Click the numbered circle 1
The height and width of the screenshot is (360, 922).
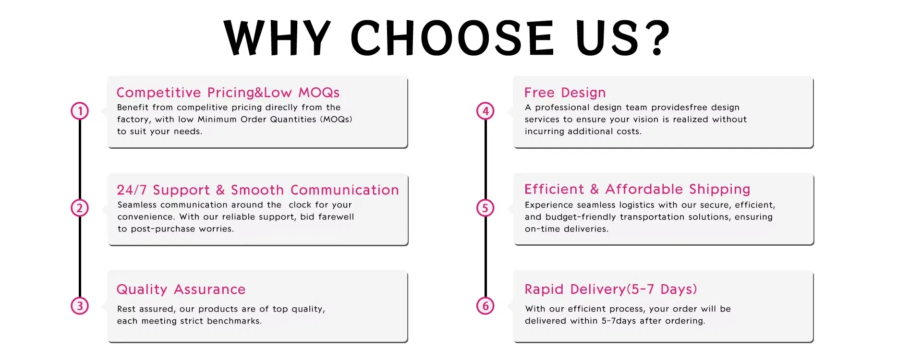80,111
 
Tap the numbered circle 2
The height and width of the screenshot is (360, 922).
80,208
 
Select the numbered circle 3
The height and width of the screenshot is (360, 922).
80,306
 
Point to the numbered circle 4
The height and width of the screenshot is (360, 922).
485,111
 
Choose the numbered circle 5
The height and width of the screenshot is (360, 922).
485,208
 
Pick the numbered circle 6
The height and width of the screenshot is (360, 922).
485,306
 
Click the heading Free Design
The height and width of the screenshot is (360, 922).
565,93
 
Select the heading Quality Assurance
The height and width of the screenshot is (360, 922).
181,289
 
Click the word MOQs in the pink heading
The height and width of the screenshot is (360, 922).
319,93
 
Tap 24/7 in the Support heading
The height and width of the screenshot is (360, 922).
132,190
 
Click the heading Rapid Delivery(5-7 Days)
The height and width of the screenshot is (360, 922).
611,289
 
